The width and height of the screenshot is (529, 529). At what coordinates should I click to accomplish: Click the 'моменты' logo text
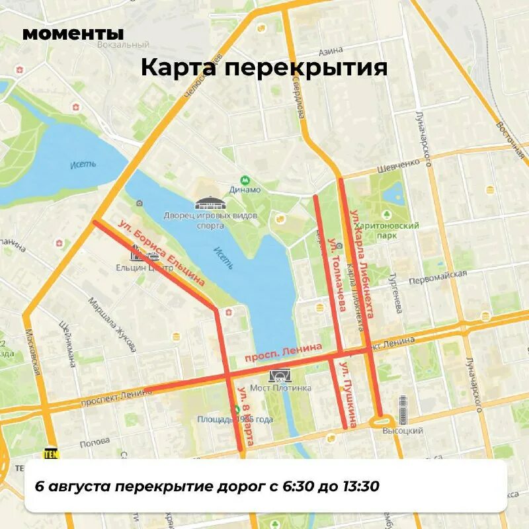[73, 33]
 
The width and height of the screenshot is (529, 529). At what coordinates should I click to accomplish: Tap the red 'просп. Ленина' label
[283, 352]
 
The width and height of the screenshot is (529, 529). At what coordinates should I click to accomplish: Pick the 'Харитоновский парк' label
[395, 230]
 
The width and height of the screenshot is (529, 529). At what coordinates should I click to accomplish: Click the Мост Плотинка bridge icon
[280, 375]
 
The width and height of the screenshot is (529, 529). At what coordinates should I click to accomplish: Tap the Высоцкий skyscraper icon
[403, 410]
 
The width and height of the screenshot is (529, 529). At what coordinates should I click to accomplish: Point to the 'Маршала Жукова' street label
[112, 324]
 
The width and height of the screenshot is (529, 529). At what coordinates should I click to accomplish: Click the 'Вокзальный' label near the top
[122, 45]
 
